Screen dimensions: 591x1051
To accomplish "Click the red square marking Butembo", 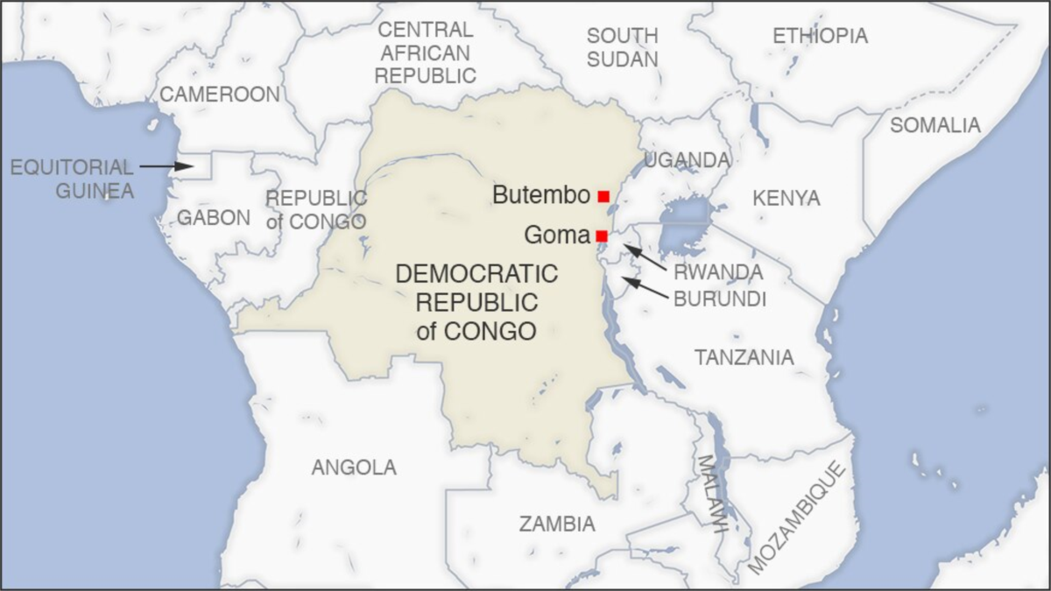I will (x=603, y=196).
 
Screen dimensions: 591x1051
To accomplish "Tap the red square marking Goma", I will (x=601, y=236).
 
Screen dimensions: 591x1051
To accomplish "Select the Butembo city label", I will (x=540, y=195).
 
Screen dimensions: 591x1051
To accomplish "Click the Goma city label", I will (x=556, y=236).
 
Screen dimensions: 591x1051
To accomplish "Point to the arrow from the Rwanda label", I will (x=645, y=257).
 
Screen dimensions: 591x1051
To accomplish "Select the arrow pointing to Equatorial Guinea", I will (x=166, y=165).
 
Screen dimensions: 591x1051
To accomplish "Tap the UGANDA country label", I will (x=687, y=160).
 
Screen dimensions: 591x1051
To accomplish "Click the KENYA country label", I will (x=786, y=198).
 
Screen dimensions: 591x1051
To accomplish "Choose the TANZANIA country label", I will (x=744, y=357).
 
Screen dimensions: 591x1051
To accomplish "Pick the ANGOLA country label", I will (x=354, y=468).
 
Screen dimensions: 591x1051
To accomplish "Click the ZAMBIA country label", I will (x=557, y=524).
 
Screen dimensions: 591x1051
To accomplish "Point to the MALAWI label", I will (x=711, y=495).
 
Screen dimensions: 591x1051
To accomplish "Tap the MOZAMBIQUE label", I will (x=797, y=518).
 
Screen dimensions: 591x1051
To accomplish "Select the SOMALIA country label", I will (x=935, y=125).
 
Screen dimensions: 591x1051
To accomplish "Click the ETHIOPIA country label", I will (x=820, y=36).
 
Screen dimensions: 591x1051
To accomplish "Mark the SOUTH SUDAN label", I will (x=622, y=47).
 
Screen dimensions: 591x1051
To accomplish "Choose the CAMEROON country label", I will (x=220, y=95).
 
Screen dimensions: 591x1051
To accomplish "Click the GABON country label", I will (x=213, y=218).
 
